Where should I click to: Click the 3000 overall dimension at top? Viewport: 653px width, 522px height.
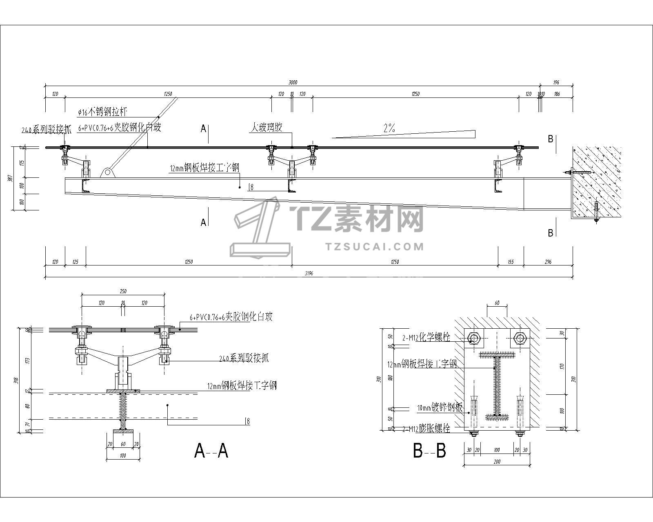[293, 82]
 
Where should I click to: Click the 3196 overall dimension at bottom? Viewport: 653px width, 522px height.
[309, 274]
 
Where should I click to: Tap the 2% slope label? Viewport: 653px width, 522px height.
[389, 128]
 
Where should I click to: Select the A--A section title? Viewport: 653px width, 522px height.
[211, 451]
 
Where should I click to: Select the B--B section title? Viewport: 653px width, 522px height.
[429, 451]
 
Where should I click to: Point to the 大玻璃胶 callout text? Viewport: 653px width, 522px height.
[266, 128]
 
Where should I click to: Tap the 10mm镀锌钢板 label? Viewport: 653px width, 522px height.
[440, 407]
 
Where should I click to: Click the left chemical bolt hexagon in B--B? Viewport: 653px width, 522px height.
[474, 338]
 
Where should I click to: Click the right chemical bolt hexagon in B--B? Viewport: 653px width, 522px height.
[520, 338]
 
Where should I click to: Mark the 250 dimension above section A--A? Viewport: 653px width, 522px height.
[123, 291]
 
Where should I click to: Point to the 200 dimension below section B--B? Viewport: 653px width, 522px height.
[497, 462]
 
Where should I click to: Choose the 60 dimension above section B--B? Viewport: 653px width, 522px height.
[497, 303]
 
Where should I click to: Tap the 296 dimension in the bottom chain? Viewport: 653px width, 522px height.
[548, 262]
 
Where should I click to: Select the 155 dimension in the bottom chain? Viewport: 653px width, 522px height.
[511, 262]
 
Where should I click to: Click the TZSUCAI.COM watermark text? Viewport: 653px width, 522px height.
[375, 246]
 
